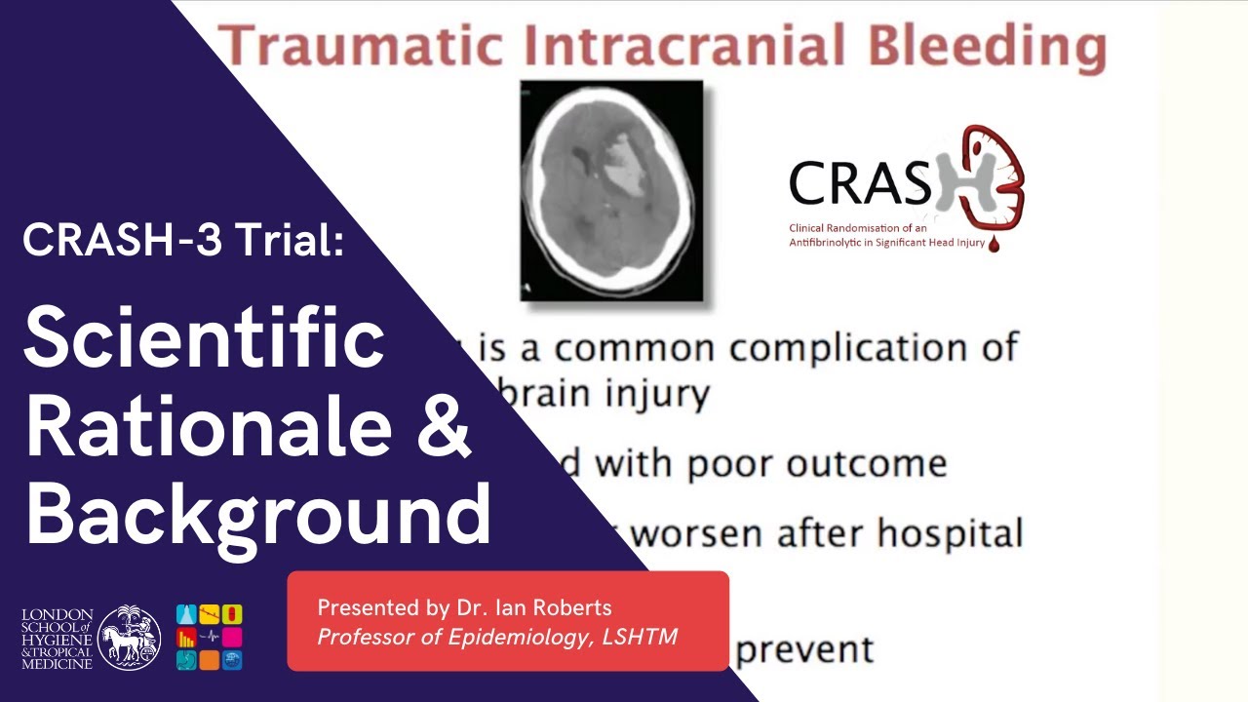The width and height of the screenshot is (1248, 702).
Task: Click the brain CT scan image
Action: click(611, 190)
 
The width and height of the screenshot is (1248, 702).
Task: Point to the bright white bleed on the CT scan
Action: click(624, 161)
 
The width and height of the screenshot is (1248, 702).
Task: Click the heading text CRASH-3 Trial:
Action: click(183, 239)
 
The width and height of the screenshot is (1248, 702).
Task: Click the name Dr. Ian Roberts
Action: click(533, 608)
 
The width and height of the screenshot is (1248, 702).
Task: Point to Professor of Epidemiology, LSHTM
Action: click(497, 638)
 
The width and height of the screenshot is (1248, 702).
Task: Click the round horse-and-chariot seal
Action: click(130, 638)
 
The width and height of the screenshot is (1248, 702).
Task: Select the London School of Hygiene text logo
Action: click(57, 638)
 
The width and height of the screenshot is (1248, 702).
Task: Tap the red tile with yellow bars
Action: click(186, 638)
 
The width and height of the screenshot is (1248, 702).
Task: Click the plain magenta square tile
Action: click(232, 638)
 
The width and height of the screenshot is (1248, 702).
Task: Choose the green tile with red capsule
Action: click(232, 614)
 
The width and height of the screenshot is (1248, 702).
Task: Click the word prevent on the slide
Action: click(804, 649)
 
